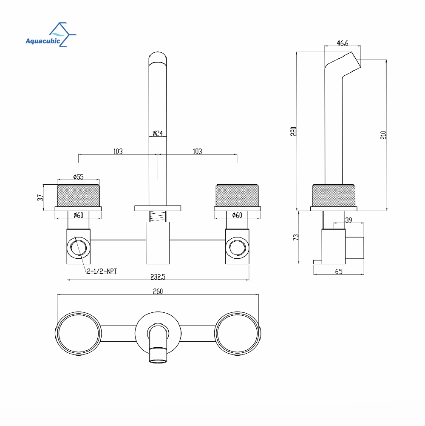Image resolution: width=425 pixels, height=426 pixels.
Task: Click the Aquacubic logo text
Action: (42, 41)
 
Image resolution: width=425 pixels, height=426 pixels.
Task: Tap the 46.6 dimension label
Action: (343, 43)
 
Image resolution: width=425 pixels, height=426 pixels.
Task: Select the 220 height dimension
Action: (293, 132)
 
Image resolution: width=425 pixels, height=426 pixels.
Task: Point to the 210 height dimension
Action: (383, 135)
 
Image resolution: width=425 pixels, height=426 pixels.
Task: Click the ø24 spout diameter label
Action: (158, 133)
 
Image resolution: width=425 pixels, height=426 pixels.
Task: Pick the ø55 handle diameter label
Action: (79, 177)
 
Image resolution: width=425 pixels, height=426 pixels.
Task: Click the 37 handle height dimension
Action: (40, 197)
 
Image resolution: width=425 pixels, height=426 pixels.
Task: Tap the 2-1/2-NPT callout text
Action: (102, 271)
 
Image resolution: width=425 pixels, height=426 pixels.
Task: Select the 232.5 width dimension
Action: (158, 277)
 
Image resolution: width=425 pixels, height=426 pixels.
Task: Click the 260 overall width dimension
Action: (158, 292)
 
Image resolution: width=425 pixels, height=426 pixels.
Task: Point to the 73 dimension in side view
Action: (295, 237)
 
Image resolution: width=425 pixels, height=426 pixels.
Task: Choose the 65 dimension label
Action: (339, 272)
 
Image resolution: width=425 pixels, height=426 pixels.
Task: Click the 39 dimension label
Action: (349, 220)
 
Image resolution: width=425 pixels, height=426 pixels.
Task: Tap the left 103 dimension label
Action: (118, 152)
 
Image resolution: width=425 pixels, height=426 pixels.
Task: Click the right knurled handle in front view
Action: (237, 196)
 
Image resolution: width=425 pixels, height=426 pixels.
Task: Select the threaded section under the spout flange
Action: (158, 217)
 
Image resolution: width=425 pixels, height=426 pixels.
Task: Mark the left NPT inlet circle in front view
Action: (79, 248)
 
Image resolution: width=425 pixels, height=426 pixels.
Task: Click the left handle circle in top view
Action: (79, 334)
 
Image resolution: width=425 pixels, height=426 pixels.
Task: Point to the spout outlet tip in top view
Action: (158, 355)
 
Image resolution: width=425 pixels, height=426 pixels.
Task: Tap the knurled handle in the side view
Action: (334, 196)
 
